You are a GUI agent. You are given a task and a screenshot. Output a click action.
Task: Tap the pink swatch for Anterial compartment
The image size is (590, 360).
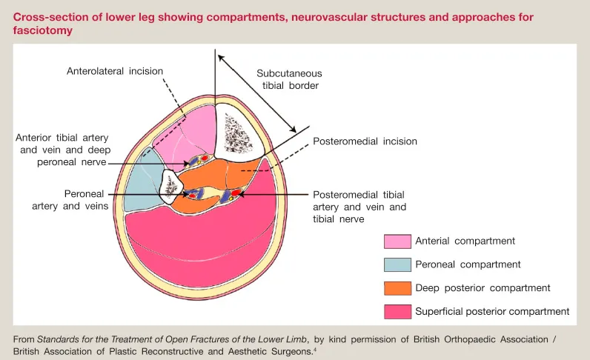pyautogui.click(x=397, y=241)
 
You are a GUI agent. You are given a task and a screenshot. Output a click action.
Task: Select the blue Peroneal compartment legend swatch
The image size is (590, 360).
pyautogui.click(x=397, y=264)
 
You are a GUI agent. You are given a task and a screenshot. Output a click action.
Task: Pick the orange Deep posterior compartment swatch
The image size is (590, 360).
pyautogui.click(x=397, y=288)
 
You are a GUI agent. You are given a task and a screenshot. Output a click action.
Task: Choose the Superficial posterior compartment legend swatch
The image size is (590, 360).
pyautogui.click(x=397, y=312)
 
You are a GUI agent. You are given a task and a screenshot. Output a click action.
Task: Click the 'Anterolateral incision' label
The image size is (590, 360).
pyautogui.click(x=114, y=71)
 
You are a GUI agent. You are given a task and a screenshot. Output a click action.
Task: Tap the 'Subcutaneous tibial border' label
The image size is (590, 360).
pyautogui.click(x=291, y=79)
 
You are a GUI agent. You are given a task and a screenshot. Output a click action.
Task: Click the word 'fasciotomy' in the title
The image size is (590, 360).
pyautogui.click(x=41, y=30)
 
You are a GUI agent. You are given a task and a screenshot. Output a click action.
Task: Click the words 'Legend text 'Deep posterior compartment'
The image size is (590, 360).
pyautogui.click(x=483, y=288)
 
